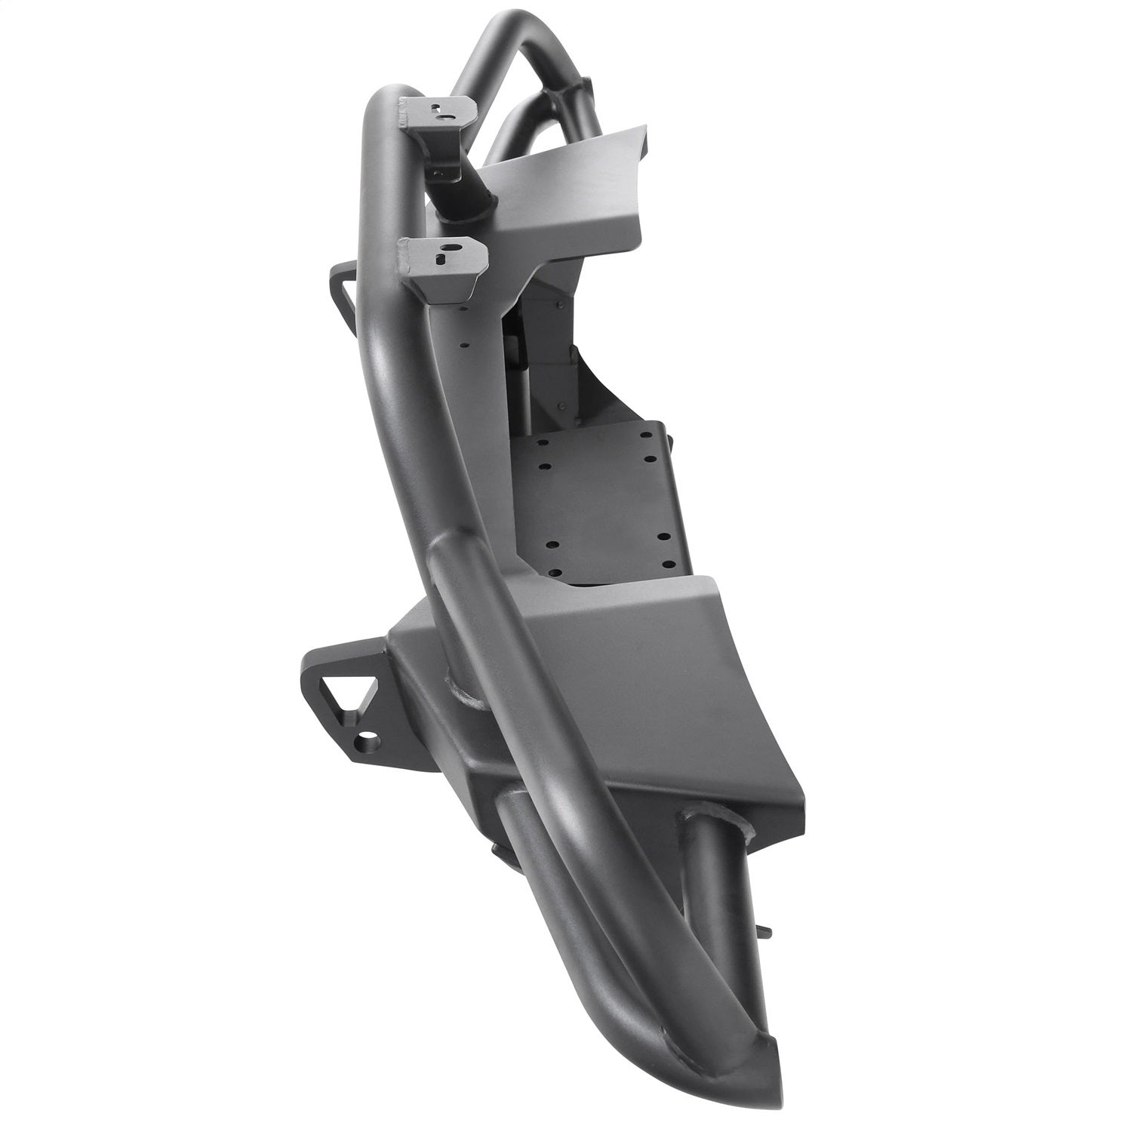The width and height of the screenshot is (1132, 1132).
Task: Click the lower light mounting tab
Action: click(441, 261)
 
